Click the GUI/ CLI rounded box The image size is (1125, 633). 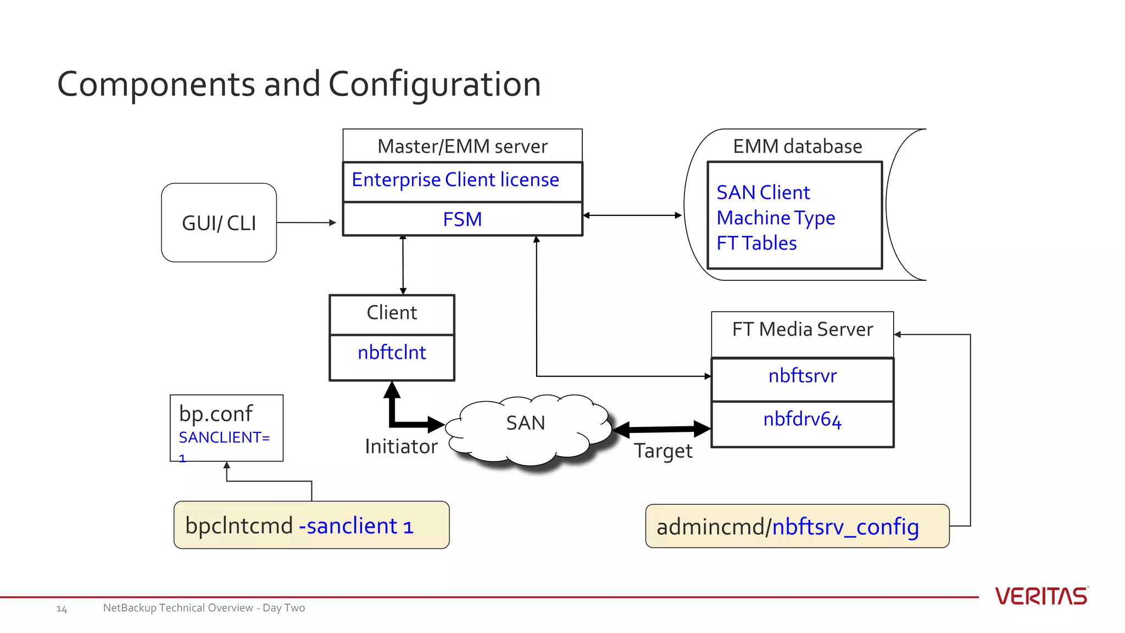point(219,223)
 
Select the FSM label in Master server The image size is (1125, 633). point(462,219)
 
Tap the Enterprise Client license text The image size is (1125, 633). point(455,180)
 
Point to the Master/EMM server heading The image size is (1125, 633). point(462,146)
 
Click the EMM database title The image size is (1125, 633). point(797,146)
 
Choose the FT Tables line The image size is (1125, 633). point(756,243)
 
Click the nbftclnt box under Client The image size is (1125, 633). point(392,353)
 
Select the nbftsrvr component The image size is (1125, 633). point(802,376)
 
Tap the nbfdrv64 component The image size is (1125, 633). point(802,420)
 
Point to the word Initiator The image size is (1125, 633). point(401,446)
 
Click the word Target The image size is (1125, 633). point(663,451)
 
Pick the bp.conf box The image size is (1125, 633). point(226,427)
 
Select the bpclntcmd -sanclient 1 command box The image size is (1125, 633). point(311,525)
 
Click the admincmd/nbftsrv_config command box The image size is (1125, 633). point(797,526)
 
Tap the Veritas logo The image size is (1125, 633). point(1041,596)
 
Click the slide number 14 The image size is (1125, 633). point(62,609)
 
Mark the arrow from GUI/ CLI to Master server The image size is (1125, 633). point(306,223)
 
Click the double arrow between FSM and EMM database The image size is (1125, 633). point(632,215)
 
